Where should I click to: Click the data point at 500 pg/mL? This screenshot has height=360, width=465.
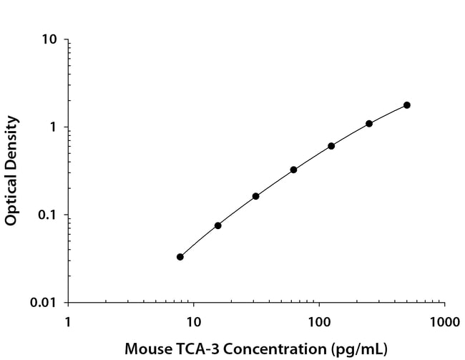click(407, 105)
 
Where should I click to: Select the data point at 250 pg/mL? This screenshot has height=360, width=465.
click(369, 124)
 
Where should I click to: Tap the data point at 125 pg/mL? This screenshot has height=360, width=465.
click(331, 146)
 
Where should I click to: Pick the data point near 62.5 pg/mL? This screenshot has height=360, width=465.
click(293, 170)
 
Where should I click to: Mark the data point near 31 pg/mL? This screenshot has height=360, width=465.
click(255, 196)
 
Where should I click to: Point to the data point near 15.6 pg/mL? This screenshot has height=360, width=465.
click(217, 225)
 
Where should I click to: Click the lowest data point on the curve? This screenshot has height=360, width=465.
click(180, 257)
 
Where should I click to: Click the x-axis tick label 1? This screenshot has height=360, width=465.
click(68, 319)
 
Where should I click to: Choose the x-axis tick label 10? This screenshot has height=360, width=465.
click(193, 319)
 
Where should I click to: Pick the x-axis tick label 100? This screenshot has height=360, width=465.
click(319, 319)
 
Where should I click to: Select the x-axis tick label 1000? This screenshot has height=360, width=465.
click(444, 319)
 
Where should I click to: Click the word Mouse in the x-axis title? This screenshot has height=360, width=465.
click(146, 349)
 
